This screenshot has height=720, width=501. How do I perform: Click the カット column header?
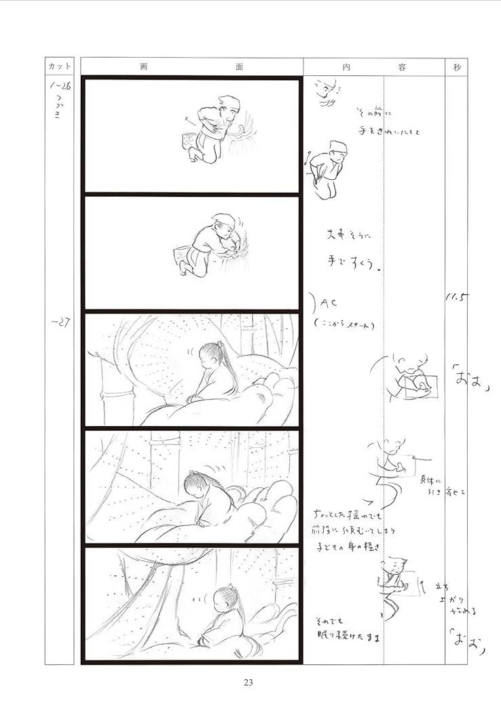(x=60, y=67)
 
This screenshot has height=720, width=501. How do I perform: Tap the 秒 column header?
(x=456, y=67)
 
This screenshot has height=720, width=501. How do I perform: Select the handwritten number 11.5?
(x=454, y=297)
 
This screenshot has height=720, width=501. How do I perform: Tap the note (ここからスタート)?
(x=346, y=324)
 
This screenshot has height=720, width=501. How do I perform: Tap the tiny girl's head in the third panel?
(x=210, y=353)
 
